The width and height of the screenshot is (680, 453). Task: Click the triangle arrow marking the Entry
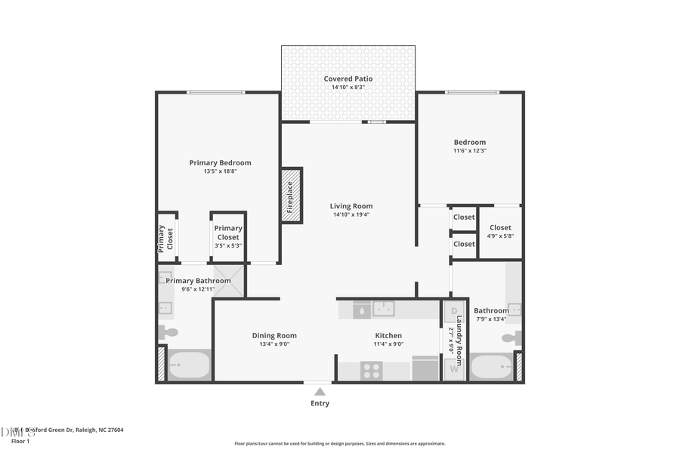(320, 391)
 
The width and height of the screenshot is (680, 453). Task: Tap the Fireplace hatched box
(291, 195)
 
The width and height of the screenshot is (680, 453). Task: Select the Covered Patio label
(348, 79)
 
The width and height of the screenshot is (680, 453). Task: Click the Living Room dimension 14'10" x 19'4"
(351, 215)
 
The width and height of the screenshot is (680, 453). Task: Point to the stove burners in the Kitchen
(372, 371)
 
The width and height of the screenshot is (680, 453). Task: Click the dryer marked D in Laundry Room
(454, 311)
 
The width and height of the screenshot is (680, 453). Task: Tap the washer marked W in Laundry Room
(454, 369)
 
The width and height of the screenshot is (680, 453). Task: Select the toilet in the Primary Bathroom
(168, 331)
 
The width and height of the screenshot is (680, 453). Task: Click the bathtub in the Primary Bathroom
(188, 367)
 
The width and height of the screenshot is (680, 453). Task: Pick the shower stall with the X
(229, 281)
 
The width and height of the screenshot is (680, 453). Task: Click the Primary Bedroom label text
(220, 162)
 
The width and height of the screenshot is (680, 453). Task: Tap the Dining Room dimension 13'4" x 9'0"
(274, 344)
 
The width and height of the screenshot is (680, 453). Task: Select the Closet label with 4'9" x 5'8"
(500, 236)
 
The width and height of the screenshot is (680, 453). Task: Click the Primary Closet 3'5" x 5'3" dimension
(228, 245)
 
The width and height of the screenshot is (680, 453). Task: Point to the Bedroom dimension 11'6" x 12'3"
(469, 151)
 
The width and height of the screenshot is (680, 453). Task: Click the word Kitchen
(388, 335)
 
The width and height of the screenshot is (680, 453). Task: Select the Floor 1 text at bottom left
(20, 441)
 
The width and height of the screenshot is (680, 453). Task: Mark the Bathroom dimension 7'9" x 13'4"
(491, 319)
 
